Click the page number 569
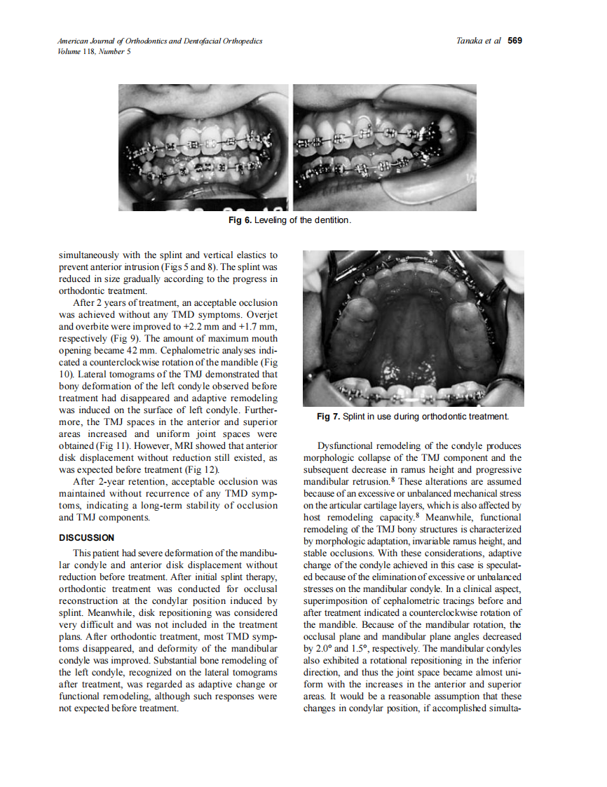point(515,41)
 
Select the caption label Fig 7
point(328,417)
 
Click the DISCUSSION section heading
point(86,538)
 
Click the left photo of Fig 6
point(203,147)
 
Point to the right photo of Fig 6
point(384,147)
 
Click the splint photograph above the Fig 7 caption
point(413,328)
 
